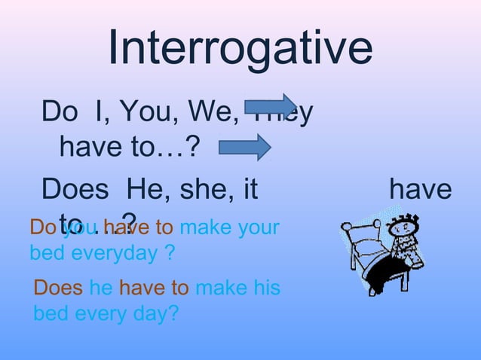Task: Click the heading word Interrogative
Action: [x=240, y=47]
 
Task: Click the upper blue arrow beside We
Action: [x=271, y=105]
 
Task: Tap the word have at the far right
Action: [x=420, y=188]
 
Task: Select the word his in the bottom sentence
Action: [x=265, y=287]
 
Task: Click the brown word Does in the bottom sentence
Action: [x=59, y=287]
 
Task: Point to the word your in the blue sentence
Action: [x=259, y=227]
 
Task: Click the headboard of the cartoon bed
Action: [x=358, y=237]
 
